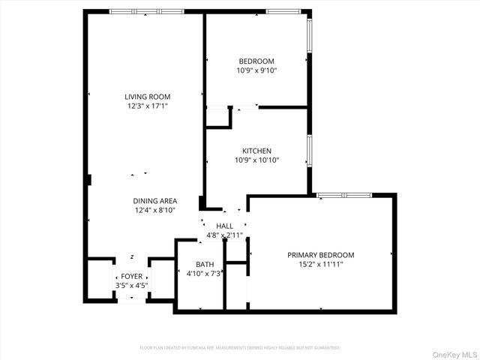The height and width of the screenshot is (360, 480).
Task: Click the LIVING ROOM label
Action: coord(147,97)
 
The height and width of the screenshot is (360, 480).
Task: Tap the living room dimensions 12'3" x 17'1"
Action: coord(147,106)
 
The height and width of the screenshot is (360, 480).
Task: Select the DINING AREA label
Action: coord(155,200)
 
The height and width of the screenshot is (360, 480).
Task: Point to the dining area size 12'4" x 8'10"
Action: coord(155,210)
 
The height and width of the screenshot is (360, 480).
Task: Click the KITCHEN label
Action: coord(256,151)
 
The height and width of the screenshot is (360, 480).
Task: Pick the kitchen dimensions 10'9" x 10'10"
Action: coord(256,160)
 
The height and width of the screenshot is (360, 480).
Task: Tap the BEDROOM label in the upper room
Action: coord(256,61)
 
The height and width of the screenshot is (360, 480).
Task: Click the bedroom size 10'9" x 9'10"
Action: coord(256,70)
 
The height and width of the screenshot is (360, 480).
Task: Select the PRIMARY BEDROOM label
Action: coord(321,255)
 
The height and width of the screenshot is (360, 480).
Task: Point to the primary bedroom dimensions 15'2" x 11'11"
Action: coord(321,264)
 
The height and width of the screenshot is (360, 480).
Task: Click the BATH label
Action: coord(205,265)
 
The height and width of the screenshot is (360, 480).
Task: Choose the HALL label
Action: coord(224,226)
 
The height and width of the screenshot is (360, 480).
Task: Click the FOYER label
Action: coord(131,277)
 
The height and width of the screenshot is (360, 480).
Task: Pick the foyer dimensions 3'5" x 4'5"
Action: coord(131,286)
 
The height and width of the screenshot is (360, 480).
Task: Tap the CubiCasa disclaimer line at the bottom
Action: coord(240,348)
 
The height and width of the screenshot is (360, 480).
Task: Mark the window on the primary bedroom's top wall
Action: coord(343,196)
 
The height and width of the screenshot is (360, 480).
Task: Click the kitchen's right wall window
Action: coord(308,151)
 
